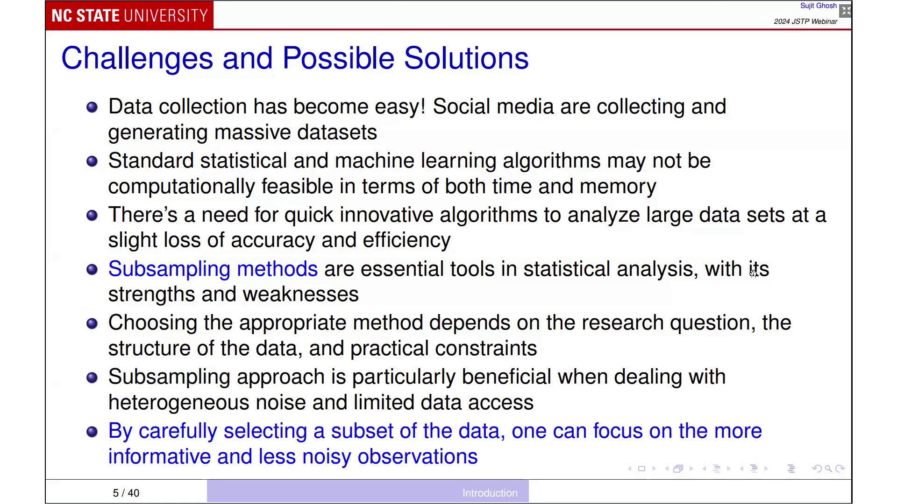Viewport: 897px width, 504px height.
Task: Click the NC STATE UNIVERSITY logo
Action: [x=129, y=15]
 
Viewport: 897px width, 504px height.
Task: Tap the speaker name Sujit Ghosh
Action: [x=818, y=6]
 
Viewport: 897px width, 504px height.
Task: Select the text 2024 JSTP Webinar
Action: [x=805, y=21]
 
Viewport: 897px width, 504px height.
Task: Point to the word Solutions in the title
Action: [x=466, y=58]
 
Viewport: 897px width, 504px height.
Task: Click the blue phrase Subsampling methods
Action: [x=213, y=269]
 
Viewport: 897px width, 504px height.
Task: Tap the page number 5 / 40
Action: [x=126, y=493]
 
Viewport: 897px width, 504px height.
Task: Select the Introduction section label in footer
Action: [x=490, y=493]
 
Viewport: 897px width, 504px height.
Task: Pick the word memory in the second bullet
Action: [x=618, y=187]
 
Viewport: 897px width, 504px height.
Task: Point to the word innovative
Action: [x=386, y=215]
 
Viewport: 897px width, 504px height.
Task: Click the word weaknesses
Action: [x=300, y=294]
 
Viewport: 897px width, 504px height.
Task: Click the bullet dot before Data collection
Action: [x=92, y=107]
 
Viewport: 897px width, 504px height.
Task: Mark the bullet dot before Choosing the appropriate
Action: [x=92, y=323]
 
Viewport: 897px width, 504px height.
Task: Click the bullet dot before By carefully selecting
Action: [x=92, y=432]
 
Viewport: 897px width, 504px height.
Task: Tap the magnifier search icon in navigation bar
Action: [x=828, y=469]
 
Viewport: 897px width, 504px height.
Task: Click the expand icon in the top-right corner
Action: [x=846, y=11]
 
